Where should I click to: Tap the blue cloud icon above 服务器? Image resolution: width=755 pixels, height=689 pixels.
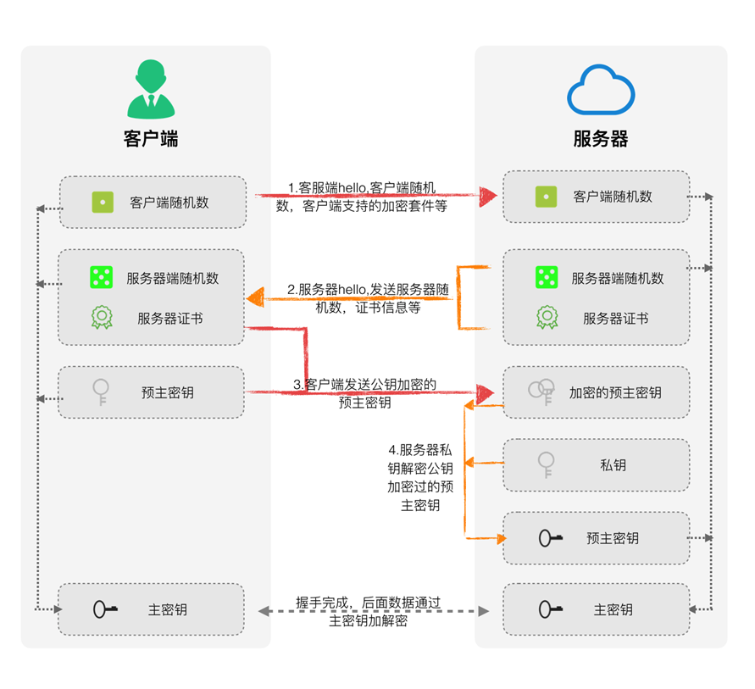[x=601, y=92]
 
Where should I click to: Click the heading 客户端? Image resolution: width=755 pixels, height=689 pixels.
[x=151, y=139]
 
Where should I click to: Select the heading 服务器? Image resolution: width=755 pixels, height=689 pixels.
[x=601, y=139]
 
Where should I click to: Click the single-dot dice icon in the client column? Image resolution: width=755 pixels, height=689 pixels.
[x=103, y=203]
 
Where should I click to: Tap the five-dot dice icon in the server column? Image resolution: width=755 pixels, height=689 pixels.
[x=547, y=277]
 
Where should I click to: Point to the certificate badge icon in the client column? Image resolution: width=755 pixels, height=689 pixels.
[x=102, y=318]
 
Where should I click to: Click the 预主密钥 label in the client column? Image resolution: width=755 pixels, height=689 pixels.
[x=168, y=392]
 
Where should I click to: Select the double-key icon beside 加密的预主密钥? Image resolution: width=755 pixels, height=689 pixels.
[x=541, y=391]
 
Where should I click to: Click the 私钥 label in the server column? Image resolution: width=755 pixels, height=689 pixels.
[x=613, y=465]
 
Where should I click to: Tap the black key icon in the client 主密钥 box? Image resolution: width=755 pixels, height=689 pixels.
[x=106, y=609]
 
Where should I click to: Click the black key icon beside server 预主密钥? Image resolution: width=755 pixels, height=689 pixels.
[x=551, y=538]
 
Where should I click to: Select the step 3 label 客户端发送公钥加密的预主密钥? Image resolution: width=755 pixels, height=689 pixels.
[x=365, y=393]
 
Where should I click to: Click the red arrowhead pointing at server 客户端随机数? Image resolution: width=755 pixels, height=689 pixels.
[x=486, y=197]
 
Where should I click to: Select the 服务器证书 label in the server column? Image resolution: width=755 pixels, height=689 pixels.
[x=615, y=319]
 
